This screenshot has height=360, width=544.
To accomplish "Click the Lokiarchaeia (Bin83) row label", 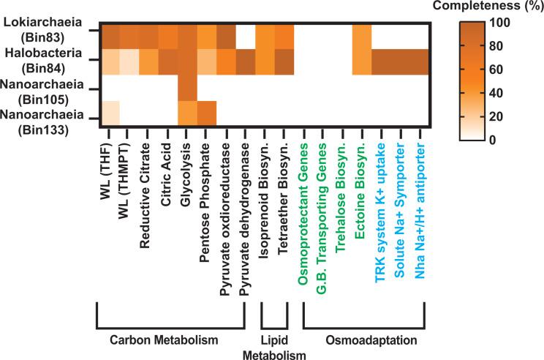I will click(x=42, y=30).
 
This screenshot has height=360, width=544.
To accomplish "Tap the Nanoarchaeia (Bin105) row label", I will click(x=41, y=89).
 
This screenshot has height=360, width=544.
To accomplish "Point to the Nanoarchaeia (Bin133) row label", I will click(x=41, y=118).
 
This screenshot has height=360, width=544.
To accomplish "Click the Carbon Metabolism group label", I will click(x=170, y=340).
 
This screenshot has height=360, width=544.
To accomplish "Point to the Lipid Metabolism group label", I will click(x=275, y=347).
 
